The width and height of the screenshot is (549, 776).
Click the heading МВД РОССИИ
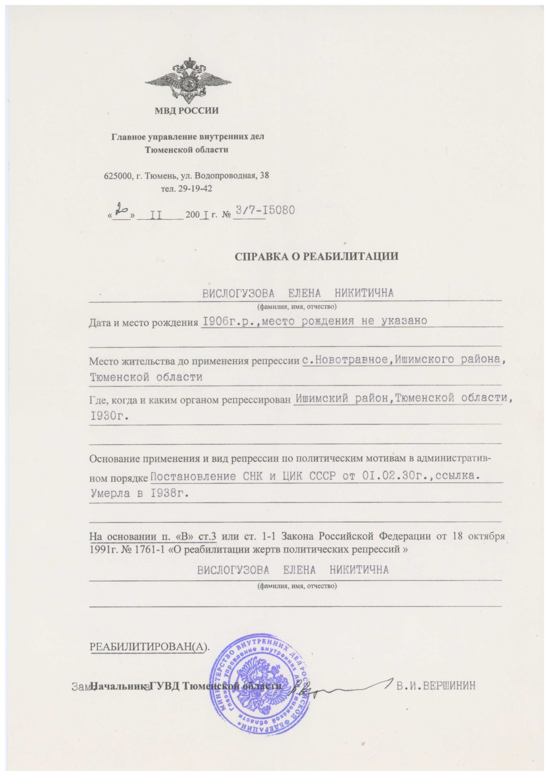click(x=187, y=110)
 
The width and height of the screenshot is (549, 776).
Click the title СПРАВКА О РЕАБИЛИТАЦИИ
click(x=316, y=256)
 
